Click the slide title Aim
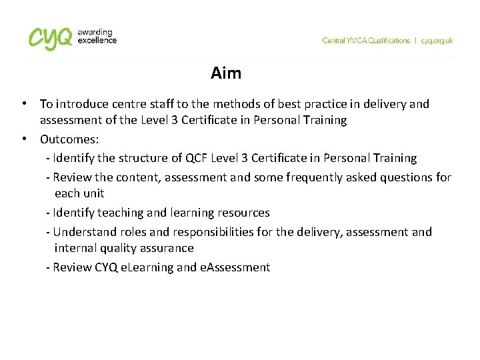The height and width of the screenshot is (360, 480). (x=225, y=73)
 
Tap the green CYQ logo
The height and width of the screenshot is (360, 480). (x=51, y=38)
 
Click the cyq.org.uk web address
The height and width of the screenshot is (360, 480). (x=437, y=41)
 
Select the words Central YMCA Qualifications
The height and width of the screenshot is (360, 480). (x=366, y=41)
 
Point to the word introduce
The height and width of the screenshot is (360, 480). (x=79, y=104)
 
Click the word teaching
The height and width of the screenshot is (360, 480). (x=119, y=213)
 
